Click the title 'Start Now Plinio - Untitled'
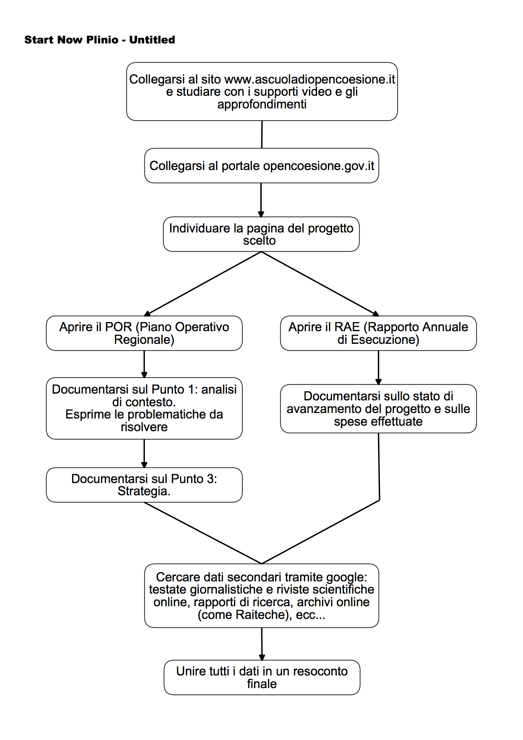tap(100, 40)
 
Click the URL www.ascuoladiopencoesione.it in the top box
tap(310, 79)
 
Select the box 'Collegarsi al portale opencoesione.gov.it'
tap(262, 165)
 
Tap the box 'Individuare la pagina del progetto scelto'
tap(261, 234)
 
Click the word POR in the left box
tap(119, 327)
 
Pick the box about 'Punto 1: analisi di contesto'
tap(144, 408)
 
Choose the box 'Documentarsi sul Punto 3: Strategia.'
tap(144, 485)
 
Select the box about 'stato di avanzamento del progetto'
tap(379, 409)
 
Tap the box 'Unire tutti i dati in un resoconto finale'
tap(262, 678)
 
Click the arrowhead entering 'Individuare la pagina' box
tap(261, 214)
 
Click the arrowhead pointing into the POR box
tap(147, 313)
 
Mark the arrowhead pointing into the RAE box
tap(376, 313)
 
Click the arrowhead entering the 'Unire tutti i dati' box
tap(262, 657)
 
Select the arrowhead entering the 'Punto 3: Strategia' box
tap(144, 465)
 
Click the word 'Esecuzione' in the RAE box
tap(385, 340)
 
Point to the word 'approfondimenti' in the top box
tap(262, 104)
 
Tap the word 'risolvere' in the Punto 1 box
tap(144, 427)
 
